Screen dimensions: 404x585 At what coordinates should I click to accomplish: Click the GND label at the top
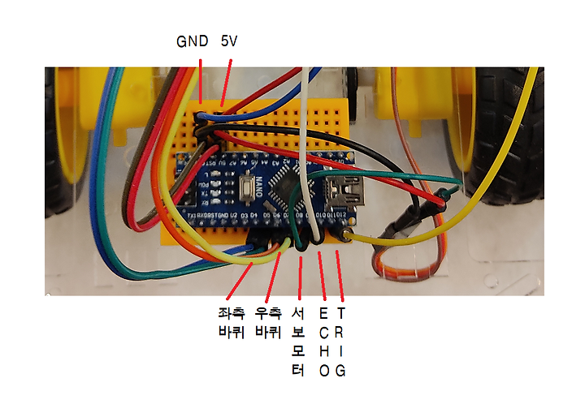tap(193, 41)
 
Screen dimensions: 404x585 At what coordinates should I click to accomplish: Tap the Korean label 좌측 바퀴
tap(232, 321)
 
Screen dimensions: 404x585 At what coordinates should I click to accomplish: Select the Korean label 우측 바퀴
tap(268, 321)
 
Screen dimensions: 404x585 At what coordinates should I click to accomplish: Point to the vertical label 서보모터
tap(297, 342)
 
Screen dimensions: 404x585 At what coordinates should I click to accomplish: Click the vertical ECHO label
tap(324, 342)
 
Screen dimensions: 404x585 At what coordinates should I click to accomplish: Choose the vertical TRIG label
tap(340, 342)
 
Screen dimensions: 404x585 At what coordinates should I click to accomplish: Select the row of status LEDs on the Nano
tap(213, 183)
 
